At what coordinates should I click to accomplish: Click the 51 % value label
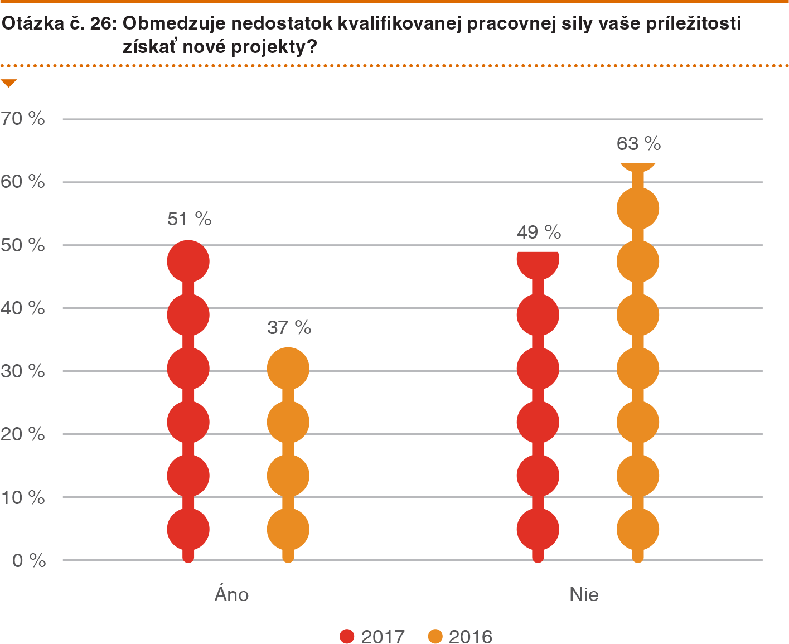pyautogui.click(x=189, y=219)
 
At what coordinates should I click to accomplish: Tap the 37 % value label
pyautogui.click(x=289, y=327)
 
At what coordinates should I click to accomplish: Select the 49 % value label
pyautogui.click(x=539, y=232)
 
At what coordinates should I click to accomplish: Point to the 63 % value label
pyautogui.click(x=638, y=144)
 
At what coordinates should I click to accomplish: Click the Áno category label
pyautogui.click(x=231, y=594)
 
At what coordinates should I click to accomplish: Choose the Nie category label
pyautogui.click(x=584, y=594)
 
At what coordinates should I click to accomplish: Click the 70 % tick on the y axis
pyautogui.click(x=23, y=118)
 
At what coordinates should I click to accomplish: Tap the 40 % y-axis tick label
pyautogui.click(x=23, y=308)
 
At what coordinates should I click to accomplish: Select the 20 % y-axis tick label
pyautogui.click(x=23, y=434)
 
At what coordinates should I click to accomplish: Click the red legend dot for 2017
pyautogui.click(x=347, y=636)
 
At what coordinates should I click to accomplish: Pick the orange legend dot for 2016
pyautogui.click(x=435, y=636)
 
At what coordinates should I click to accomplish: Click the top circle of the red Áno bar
pyautogui.click(x=188, y=262)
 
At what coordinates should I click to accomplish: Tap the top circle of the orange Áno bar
pyautogui.click(x=288, y=369)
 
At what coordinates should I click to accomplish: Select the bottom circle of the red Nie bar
pyautogui.click(x=538, y=529)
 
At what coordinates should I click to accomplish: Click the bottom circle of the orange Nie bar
pyautogui.click(x=638, y=529)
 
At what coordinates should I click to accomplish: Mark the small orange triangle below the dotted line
pyautogui.click(x=9, y=84)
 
